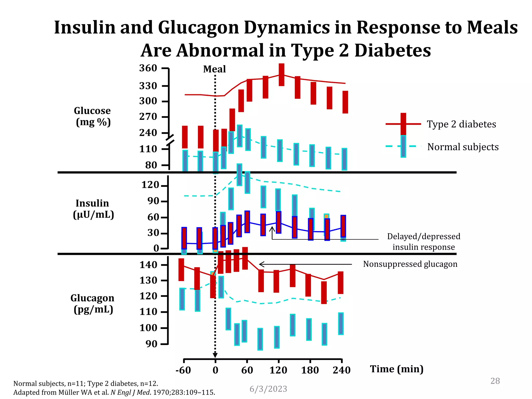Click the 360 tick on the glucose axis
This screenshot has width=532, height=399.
pyautogui.click(x=148, y=68)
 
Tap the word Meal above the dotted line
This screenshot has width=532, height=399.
pyautogui.click(x=214, y=69)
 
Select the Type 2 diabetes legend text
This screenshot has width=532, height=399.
pyautogui.click(x=461, y=124)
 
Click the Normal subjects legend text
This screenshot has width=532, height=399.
pyautogui.click(x=463, y=147)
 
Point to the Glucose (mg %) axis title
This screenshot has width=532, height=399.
pyautogui.click(x=93, y=116)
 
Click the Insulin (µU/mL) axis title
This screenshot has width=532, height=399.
pyautogui.click(x=93, y=209)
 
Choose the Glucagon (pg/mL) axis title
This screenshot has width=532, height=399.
pyautogui.click(x=92, y=303)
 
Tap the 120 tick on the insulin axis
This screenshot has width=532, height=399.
pyautogui.click(x=150, y=185)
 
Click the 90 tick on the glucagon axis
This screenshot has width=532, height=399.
pyautogui.click(x=151, y=344)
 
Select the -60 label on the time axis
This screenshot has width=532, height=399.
pyautogui.click(x=183, y=370)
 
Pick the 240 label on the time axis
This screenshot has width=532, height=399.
pyautogui.click(x=341, y=370)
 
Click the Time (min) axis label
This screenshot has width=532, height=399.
pyautogui.click(x=397, y=369)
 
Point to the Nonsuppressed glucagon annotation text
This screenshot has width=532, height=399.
pyautogui.click(x=410, y=264)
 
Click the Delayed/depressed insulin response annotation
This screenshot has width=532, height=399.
pyautogui.click(x=423, y=242)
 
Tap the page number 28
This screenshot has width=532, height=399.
pyautogui.click(x=495, y=381)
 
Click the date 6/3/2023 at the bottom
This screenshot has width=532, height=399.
pyautogui.click(x=268, y=389)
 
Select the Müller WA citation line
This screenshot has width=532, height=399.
pyautogui.click(x=114, y=392)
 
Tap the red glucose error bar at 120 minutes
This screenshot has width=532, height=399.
pyautogui.click(x=281, y=75)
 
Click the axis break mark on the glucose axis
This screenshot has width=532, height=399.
pyautogui.click(x=170, y=140)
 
